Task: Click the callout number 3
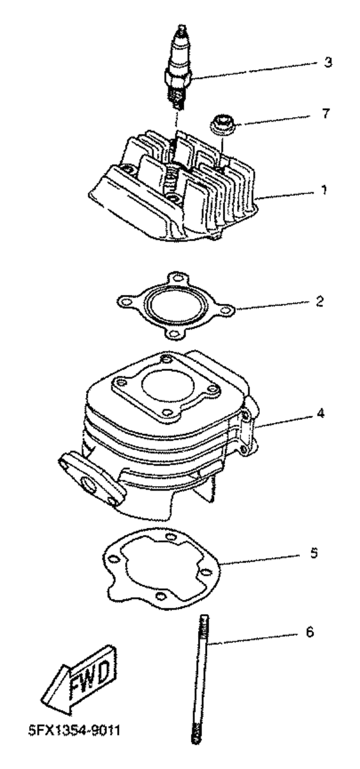pyautogui.click(x=328, y=63)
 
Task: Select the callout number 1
pyautogui.click(x=324, y=190)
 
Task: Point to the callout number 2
pyautogui.click(x=319, y=301)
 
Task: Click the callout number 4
pyautogui.click(x=321, y=413)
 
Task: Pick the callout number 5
pyautogui.click(x=314, y=553)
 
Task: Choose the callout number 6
pyautogui.click(x=309, y=633)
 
